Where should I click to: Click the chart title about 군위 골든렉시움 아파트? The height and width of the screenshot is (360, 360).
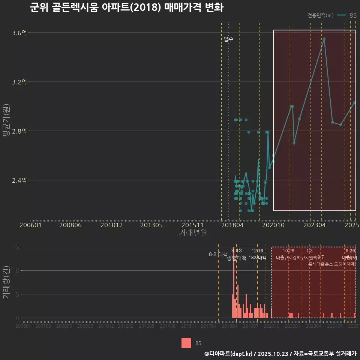[126, 8]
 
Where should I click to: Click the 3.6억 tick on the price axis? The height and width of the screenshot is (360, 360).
[19, 33]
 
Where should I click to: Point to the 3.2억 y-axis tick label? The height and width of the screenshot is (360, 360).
[19, 82]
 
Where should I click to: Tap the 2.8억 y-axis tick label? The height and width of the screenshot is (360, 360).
[19, 131]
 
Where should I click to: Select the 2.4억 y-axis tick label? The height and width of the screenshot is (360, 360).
[19, 180]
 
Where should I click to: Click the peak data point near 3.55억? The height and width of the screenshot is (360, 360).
[324, 39]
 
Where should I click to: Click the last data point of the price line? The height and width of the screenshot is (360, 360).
[354, 102]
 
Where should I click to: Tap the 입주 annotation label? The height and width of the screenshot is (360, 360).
[228, 39]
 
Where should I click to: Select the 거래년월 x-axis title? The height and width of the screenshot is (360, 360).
[193, 232]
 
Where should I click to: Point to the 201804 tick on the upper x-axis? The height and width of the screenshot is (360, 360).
[233, 225]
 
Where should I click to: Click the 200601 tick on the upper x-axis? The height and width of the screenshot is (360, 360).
[30, 225]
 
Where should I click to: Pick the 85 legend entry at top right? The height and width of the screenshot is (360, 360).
[353, 15]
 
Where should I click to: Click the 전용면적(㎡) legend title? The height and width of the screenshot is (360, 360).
[320, 15]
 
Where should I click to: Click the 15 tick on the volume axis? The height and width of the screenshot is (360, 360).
[16, 247]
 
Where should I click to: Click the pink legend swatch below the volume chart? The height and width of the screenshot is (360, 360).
[186, 343]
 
